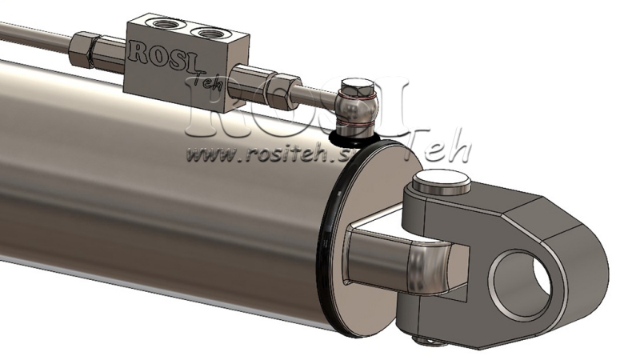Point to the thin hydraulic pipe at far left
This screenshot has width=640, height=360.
(x=32, y=32)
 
